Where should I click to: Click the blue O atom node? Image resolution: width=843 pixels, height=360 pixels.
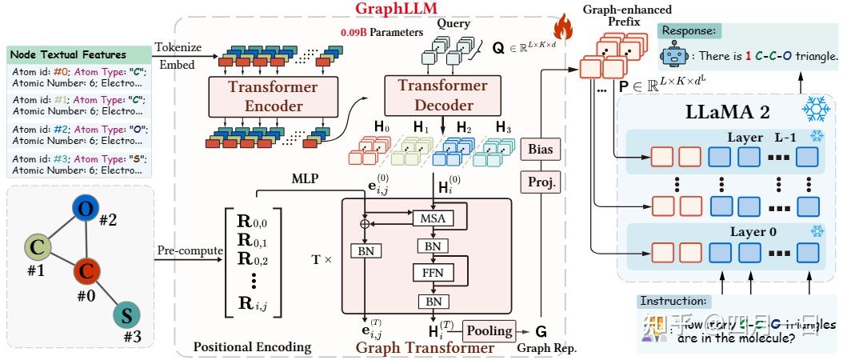[86, 209]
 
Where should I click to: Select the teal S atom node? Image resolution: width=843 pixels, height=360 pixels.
[124, 314]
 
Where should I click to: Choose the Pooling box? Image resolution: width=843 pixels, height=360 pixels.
[488, 330]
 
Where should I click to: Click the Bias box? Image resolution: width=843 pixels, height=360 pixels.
[541, 149]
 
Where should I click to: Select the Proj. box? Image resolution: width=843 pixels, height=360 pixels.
[541, 182]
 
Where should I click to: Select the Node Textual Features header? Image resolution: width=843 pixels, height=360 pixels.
[68, 55]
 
